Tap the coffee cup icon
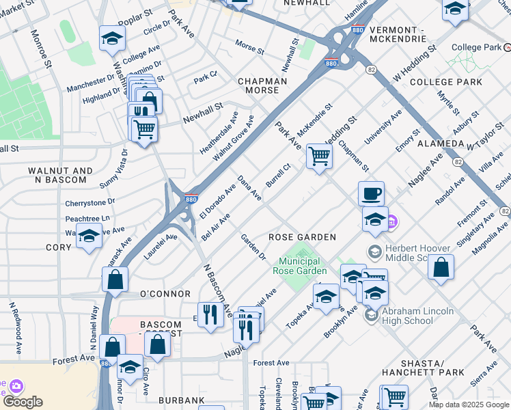point(371,193)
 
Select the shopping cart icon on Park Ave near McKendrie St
point(319,156)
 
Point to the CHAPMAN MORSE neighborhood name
point(258,85)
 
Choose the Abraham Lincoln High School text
point(417,316)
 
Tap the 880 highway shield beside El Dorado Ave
point(191,200)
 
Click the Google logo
point(23,402)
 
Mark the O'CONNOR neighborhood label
point(165,294)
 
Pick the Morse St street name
point(249,49)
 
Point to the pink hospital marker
point(391,221)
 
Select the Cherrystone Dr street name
point(90,203)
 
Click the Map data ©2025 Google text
point(469,405)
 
